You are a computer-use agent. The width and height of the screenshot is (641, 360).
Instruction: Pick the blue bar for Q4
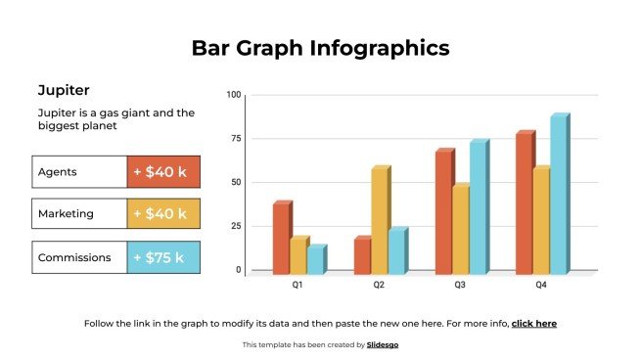(558, 196)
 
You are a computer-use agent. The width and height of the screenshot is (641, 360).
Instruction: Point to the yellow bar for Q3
(460, 230)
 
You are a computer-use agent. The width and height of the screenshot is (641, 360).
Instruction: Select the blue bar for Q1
(315, 259)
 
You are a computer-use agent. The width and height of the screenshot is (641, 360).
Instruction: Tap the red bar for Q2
(362, 255)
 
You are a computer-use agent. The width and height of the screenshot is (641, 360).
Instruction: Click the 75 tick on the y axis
(233, 138)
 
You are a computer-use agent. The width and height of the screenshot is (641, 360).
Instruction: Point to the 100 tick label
(233, 95)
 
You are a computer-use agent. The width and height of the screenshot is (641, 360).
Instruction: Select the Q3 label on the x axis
(460, 286)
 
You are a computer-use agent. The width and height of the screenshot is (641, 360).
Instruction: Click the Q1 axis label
(298, 286)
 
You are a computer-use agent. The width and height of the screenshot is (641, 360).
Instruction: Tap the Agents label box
(79, 172)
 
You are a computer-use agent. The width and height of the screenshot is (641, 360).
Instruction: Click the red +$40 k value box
(163, 172)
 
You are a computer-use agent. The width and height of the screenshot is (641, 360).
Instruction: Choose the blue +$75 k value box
(163, 257)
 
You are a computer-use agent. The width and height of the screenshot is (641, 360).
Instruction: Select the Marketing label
(79, 214)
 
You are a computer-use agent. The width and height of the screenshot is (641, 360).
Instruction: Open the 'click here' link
(533, 323)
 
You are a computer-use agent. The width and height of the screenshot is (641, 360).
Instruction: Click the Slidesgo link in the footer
(383, 344)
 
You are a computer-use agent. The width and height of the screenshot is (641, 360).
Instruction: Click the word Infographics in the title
(386, 48)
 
